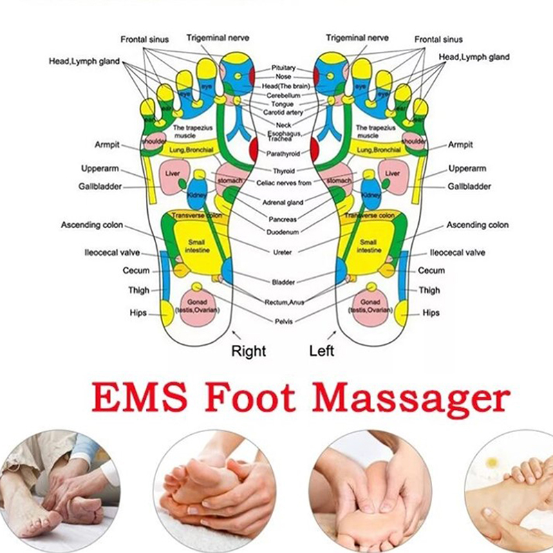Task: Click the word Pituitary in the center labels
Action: click(x=283, y=68)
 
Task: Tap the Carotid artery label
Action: click(x=283, y=112)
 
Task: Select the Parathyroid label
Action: click(x=283, y=154)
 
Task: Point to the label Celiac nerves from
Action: click(x=283, y=182)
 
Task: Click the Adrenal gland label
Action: click(x=283, y=203)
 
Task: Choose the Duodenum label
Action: click(x=283, y=232)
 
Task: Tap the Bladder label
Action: click(x=283, y=282)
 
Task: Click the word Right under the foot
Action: click(x=248, y=351)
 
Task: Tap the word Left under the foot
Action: click(x=321, y=351)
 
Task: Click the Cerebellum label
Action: click(x=283, y=95)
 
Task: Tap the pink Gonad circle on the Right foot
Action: click(x=198, y=304)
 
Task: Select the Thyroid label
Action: click(x=283, y=171)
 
